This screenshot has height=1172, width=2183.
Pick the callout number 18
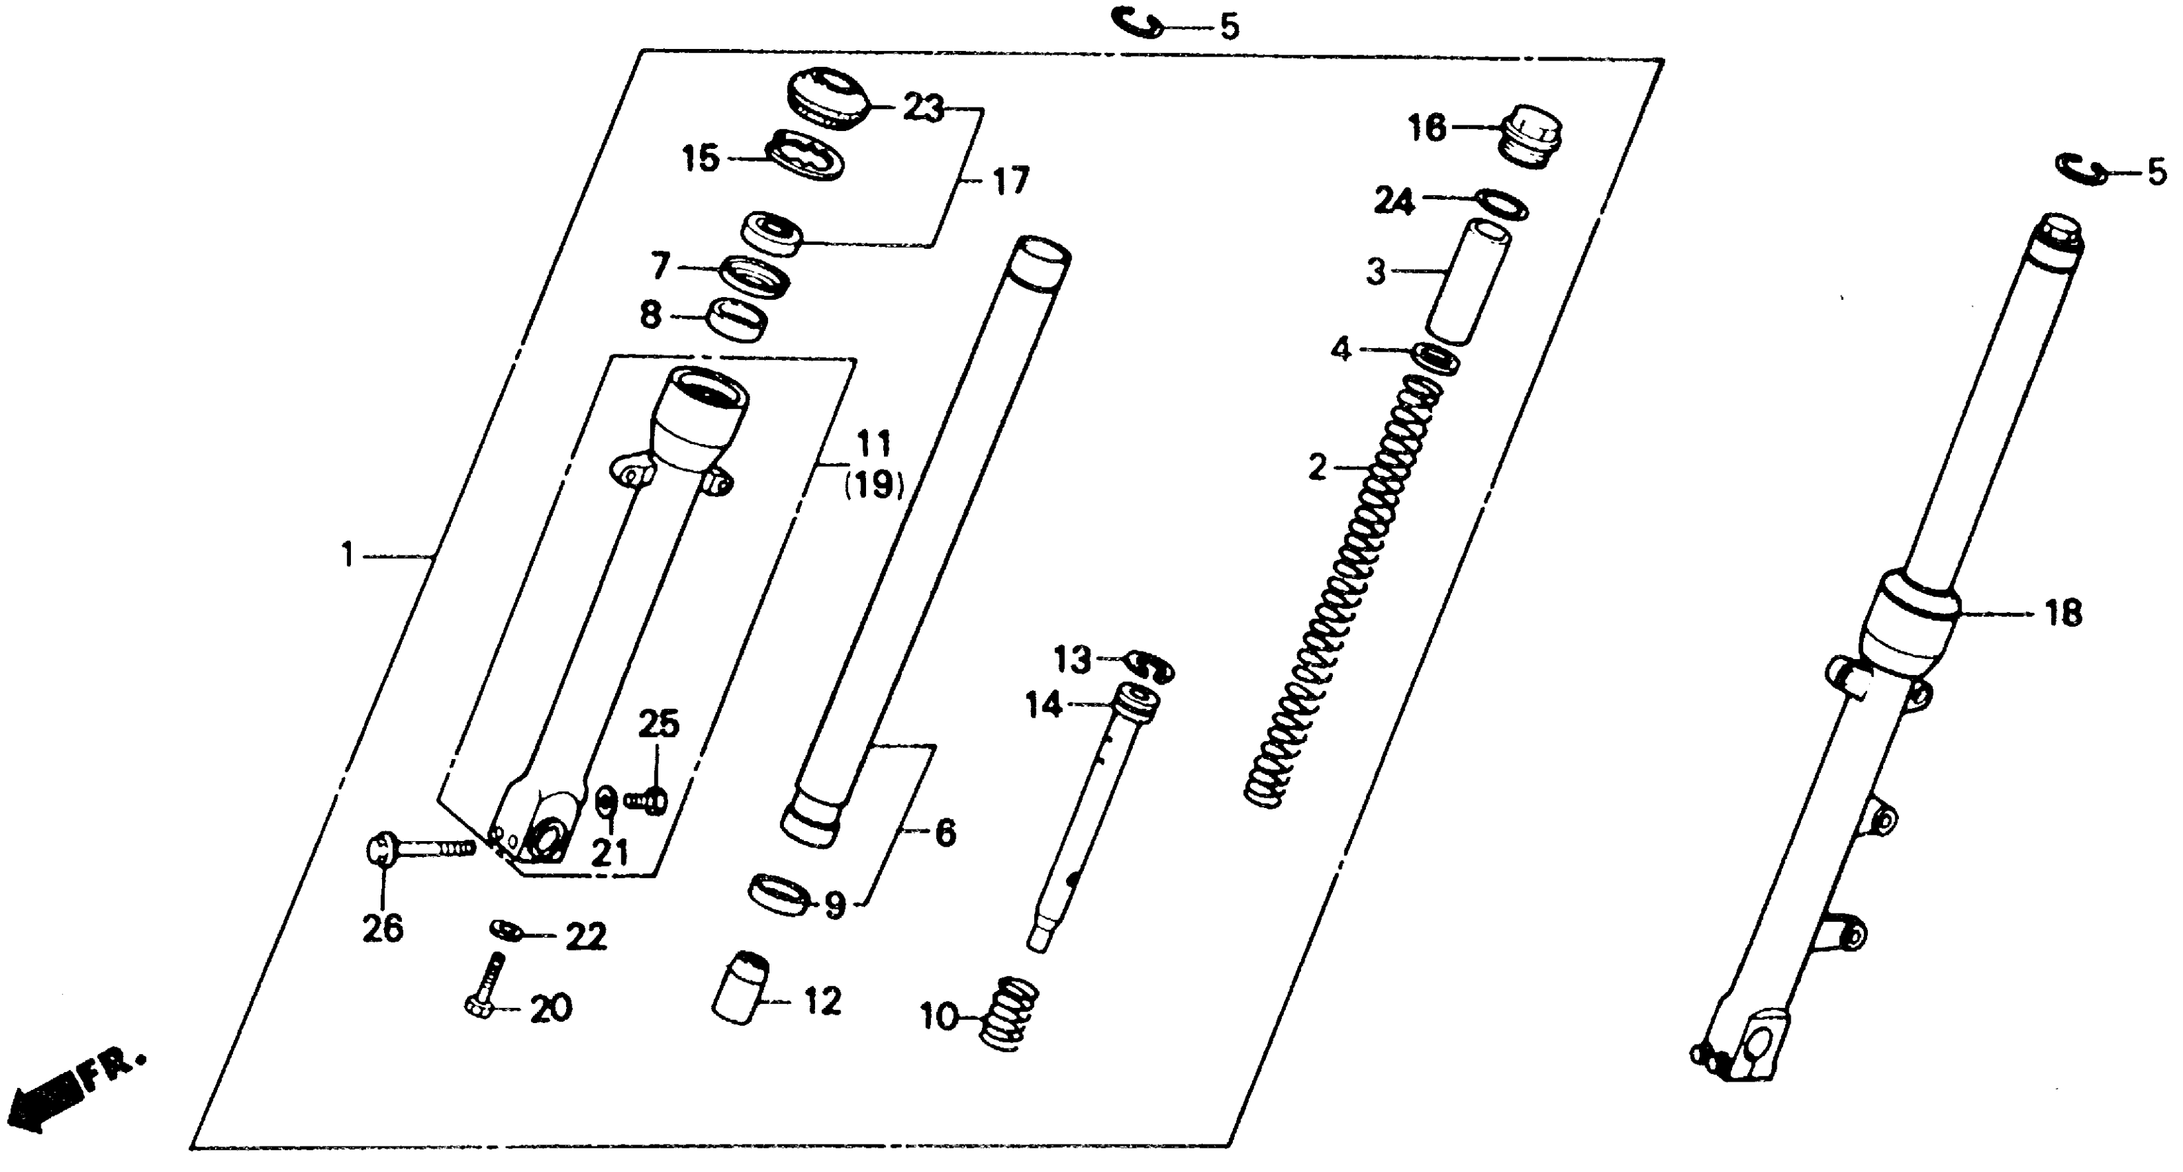click(2062, 613)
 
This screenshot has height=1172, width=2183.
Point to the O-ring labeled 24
click(1502, 204)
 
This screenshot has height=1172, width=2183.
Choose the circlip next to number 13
click(1151, 665)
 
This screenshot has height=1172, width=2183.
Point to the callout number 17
click(1009, 181)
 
